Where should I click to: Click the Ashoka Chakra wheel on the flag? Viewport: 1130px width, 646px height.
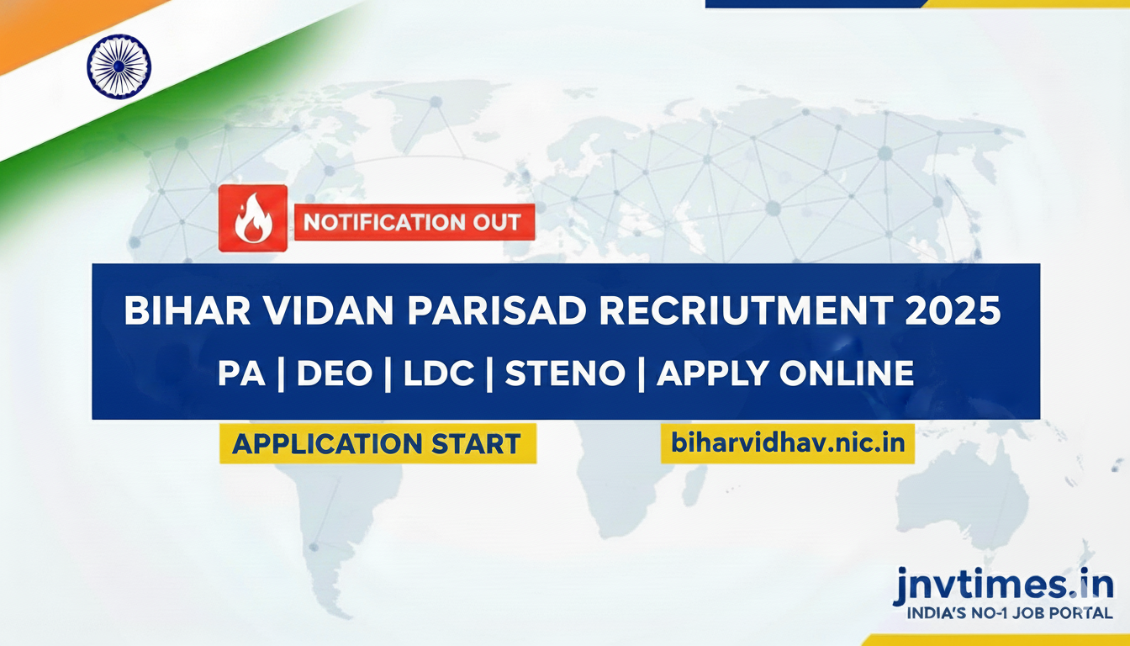click(119, 66)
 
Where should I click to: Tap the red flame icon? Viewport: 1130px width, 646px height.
click(252, 219)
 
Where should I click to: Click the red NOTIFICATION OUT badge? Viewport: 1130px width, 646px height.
click(414, 224)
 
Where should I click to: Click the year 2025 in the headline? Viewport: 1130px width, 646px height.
click(953, 311)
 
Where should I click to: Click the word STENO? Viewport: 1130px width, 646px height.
click(564, 373)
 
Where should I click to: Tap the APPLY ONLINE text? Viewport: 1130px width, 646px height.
click(785, 373)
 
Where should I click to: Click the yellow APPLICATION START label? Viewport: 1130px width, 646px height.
click(378, 443)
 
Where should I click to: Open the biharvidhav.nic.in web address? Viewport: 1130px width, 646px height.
click(788, 442)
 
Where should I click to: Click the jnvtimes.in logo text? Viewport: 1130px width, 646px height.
click(1003, 584)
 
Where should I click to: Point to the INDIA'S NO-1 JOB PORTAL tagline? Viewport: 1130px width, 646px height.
click(1010, 614)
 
